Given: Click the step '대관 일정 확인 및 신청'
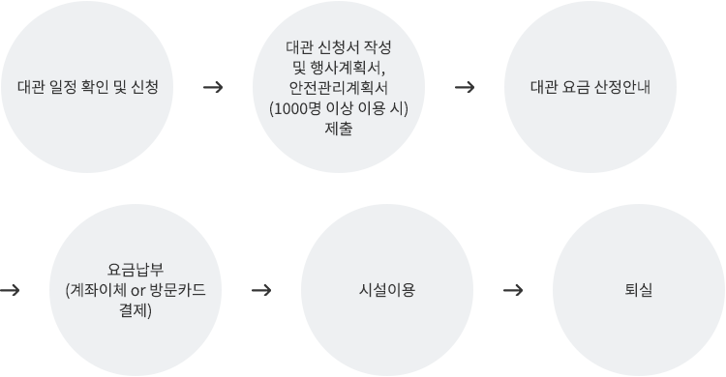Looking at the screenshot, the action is (88, 87).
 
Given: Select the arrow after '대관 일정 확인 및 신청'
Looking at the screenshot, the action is (214, 87).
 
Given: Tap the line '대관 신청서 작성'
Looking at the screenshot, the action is (339, 46).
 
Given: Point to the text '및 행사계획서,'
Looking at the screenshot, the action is (339, 67).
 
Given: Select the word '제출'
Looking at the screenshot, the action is (339, 128).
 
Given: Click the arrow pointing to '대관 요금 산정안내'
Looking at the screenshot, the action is (464, 87).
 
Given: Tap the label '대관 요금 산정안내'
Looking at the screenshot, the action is (590, 87).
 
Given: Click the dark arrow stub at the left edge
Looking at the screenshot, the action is (9, 289).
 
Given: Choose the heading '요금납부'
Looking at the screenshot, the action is (136, 269).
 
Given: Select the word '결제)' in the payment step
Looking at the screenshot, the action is (136, 310).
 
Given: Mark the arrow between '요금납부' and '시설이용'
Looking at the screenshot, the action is (260, 289).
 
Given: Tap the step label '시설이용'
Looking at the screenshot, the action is (386, 289).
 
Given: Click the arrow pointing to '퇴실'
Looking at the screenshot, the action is (514, 289).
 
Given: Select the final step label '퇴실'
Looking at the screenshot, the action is (639, 289).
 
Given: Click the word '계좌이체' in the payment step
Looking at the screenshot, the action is (97, 290).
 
